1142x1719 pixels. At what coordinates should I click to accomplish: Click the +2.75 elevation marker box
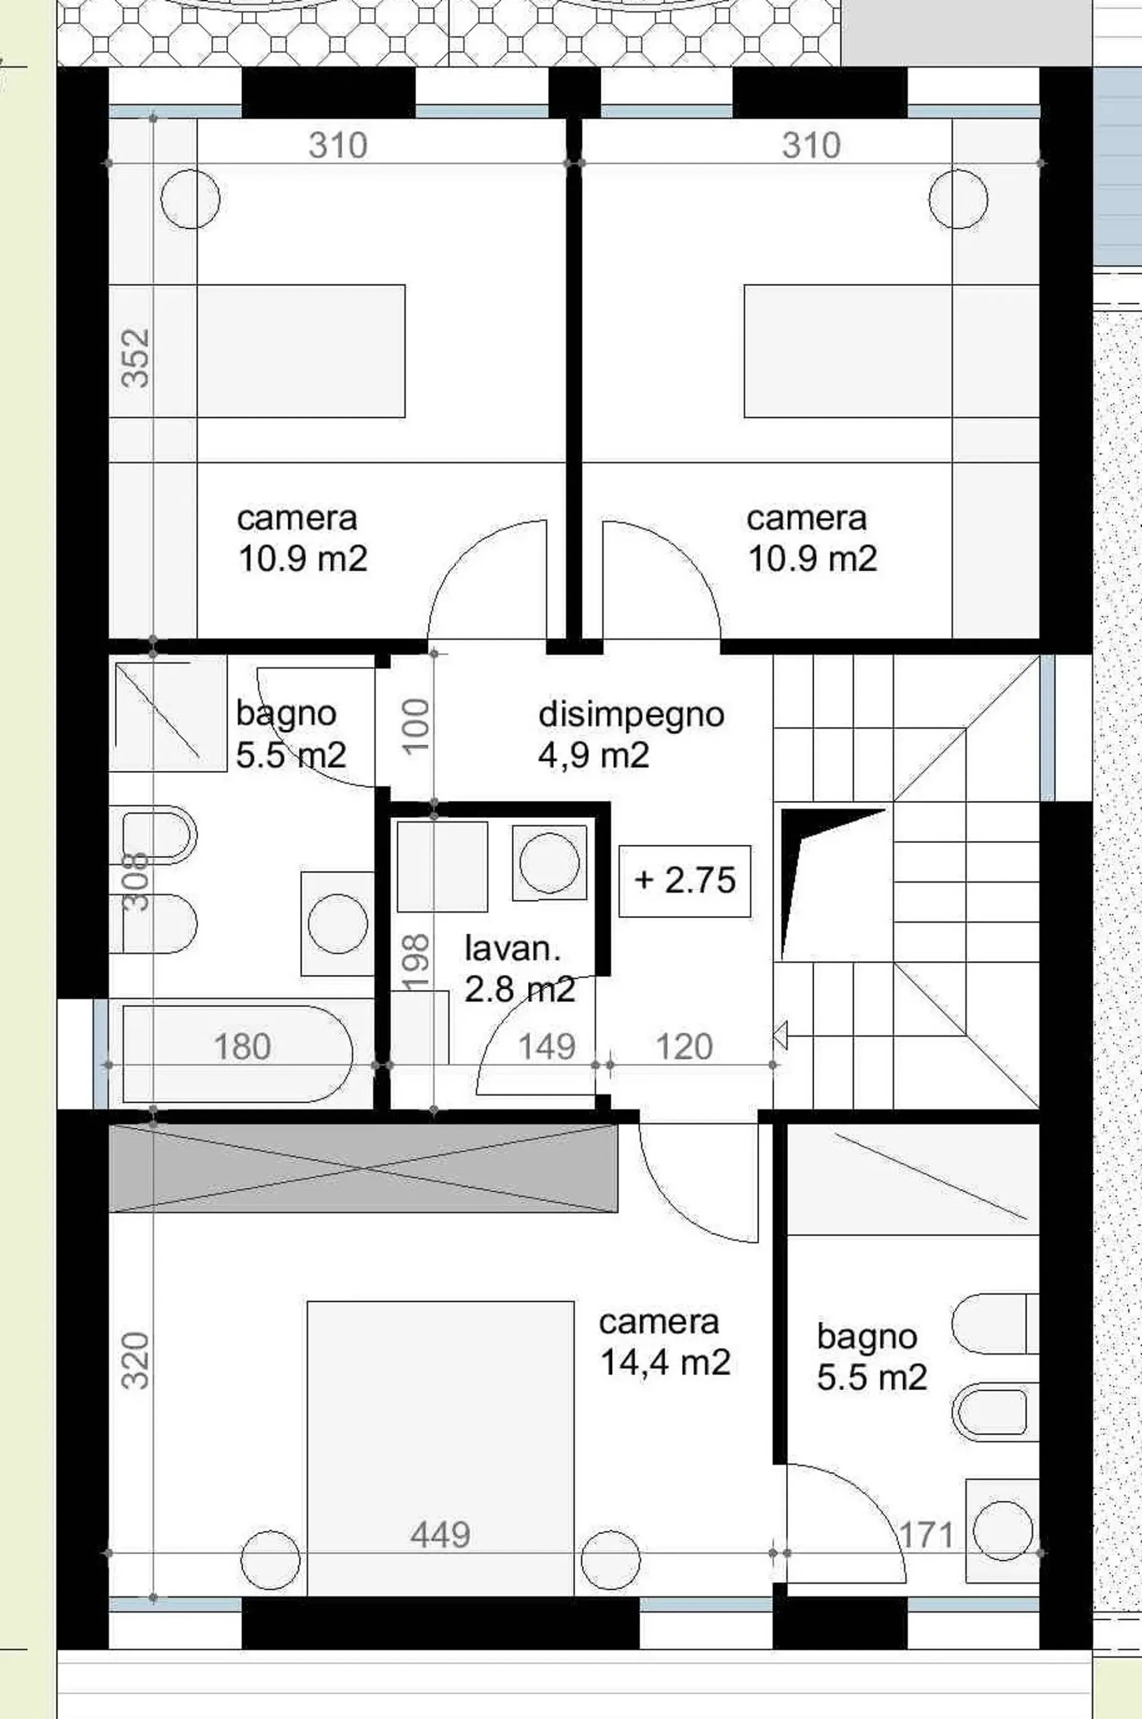[x=685, y=881]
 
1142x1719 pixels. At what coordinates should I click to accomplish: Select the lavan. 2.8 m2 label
[x=520, y=969]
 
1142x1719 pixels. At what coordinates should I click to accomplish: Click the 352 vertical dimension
[x=136, y=357]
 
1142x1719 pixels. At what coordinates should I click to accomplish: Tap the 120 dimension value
[x=684, y=1047]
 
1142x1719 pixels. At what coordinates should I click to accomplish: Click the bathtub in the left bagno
[x=238, y=1053]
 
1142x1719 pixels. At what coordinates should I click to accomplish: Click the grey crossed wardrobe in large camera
[x=363, y=1168]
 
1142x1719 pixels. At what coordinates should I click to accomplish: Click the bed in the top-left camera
[x=301, y=351]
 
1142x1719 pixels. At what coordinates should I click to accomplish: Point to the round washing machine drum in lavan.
[x=550, y=862]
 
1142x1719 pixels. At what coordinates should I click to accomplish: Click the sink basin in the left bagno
[x=338, y=924]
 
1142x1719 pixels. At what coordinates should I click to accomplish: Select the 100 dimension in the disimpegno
[x=416, y=726]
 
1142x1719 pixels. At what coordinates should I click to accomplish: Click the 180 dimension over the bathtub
[x=242, y=1047]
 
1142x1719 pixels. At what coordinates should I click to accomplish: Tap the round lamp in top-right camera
[x=958, y=199]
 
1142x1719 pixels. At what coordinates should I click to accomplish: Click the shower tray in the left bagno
[x=168, y=713]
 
